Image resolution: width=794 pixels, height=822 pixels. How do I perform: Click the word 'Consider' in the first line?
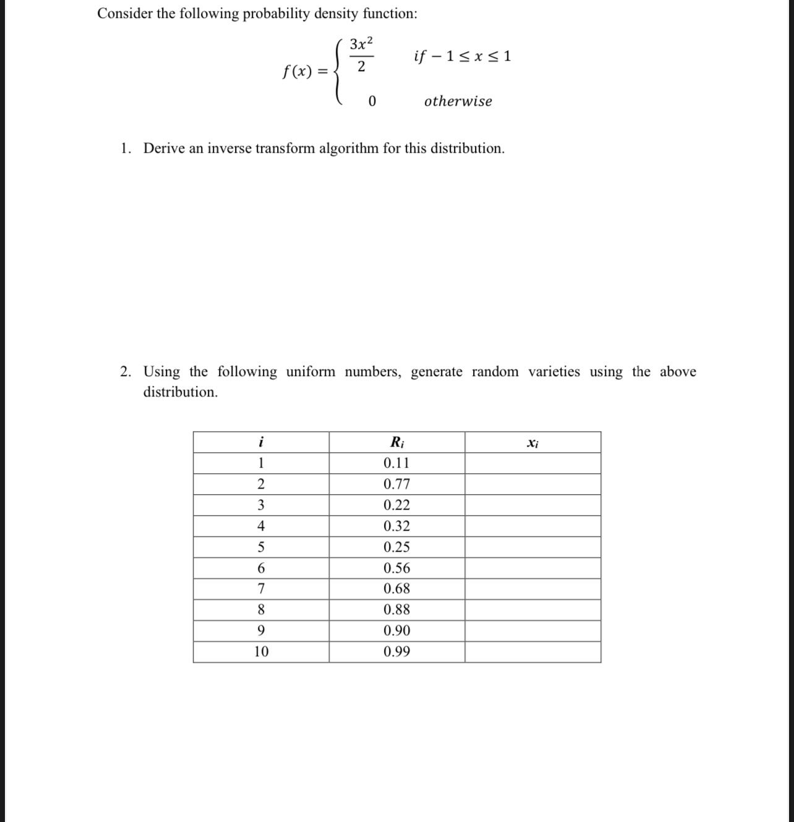[125, 14]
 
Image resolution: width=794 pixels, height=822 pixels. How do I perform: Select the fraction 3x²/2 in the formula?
[361, 55]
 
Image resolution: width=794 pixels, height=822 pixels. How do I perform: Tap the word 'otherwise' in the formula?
[458, 101]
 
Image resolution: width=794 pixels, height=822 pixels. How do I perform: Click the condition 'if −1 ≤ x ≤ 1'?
[462, 57]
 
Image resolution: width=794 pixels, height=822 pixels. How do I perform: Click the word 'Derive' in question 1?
[164, 148]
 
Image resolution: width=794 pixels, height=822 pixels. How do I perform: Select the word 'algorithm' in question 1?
[348, 148]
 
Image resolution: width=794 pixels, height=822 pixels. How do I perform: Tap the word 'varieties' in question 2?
[554, 372]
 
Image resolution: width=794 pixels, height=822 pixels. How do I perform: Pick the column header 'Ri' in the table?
[397, 442]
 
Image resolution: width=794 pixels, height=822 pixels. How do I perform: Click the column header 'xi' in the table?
[532, 443]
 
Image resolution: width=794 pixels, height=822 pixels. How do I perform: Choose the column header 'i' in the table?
[261, 442]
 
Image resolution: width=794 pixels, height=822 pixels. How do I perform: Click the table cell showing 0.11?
[396, 463]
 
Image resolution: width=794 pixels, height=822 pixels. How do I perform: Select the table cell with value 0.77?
[396, 484]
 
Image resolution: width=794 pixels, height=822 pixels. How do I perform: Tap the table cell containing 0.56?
[396, 568]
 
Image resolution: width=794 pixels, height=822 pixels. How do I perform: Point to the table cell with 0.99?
[396, 652]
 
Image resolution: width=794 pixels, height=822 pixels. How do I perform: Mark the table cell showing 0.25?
[396, 547]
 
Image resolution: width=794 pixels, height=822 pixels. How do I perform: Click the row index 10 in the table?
[261, 652]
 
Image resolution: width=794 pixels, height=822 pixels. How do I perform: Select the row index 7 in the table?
[261, 589]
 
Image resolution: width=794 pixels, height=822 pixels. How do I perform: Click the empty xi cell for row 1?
[532, 463]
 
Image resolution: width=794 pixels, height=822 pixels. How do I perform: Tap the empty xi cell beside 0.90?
[532, 631]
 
